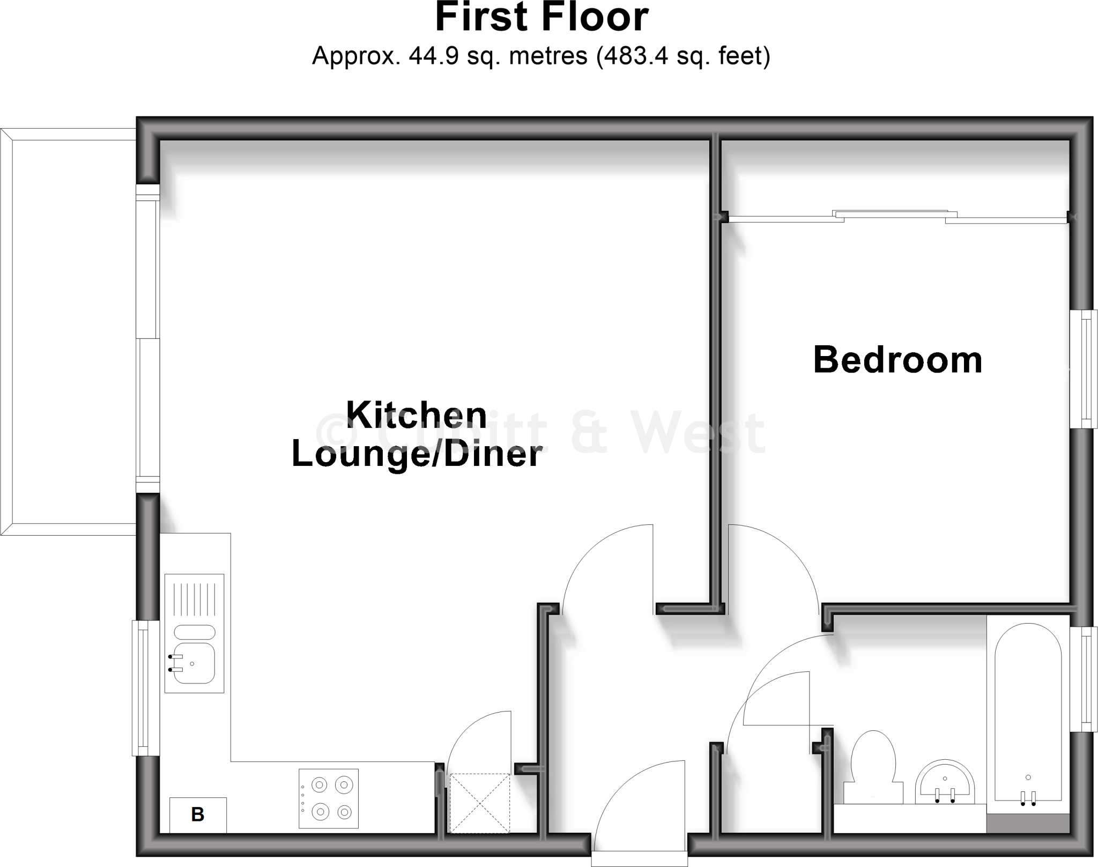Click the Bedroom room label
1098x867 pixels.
pos(897,360)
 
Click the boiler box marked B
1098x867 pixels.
pos(198,814)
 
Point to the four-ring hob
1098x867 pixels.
pos(329,798)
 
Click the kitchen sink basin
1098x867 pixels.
pos(194,663)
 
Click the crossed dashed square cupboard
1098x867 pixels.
pos(479,803)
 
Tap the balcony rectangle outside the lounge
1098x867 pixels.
pos(74,331)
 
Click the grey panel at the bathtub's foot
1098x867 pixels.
pos(1028,823)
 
